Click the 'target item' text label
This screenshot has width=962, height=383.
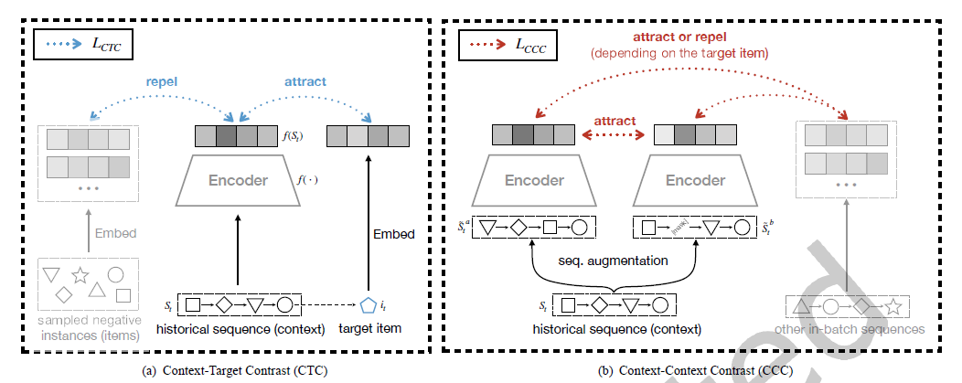tap(370, 328)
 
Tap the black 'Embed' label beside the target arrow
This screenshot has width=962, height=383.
tap(394, 234)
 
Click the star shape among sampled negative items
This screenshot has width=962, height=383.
tap(80, 273)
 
